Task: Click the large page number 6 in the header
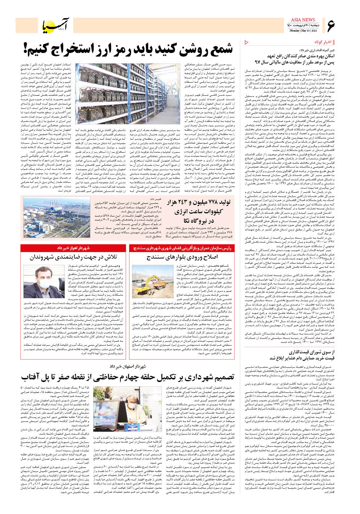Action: tap(331, 25)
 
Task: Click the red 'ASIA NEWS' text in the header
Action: tap(303, 20)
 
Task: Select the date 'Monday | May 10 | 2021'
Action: tap(303, 30)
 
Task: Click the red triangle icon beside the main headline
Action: tap(247, 42)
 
